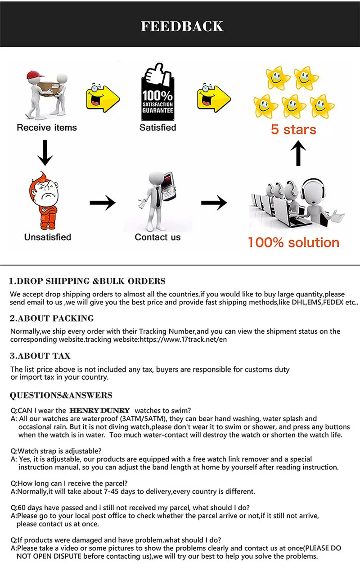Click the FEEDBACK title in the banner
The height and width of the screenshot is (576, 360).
coord(182,26)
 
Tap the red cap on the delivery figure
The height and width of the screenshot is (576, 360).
coord(35,75)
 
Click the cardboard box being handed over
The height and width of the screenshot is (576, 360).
coord(48,89)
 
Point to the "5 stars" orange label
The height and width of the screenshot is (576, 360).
coord(293,129)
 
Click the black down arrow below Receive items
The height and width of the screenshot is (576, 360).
coord(45,153)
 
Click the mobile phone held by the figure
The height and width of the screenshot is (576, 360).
coord(168,186)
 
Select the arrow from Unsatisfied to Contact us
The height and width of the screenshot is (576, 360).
coord(103,203)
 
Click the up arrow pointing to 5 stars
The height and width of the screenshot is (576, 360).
coord(298,153)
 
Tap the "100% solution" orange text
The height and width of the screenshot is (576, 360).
coord(293,242)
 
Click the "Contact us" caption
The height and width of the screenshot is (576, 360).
coord(157,237)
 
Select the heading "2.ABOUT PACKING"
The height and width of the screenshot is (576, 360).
coord(52,318)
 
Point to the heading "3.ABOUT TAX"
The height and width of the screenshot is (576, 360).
coord(40,356)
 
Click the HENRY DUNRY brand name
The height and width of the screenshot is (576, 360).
coord(100,410)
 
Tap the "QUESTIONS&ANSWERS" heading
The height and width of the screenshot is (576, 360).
coord(61,395)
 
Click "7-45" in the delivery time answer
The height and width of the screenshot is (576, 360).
coord(111,491)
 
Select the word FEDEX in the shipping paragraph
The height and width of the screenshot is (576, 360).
coord(333,302)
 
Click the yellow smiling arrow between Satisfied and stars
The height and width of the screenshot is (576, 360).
coord(214,98)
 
